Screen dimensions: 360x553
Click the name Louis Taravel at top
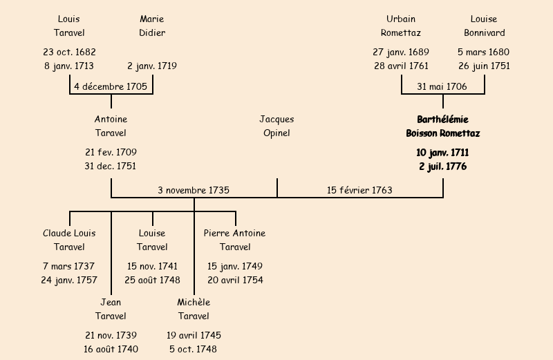pyautogui.click(x=69, y=26)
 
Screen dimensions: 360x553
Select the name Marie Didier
pyautogui.click(x=152, y=26)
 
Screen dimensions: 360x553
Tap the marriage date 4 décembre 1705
pyautogui.click(x=111, y=86)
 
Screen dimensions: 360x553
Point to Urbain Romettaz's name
pyautogui.click(x=401, y=26)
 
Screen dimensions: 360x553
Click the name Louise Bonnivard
pyautogui.click(x=484, y=26)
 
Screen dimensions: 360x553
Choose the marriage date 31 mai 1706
pyautogui.click(x=442, y=86)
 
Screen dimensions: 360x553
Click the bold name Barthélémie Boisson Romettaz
pyautogui.click(x=442, y=126)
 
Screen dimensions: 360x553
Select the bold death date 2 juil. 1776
pyautogui.click(x=442, y=167)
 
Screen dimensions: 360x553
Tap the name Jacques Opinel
pyautogui.click(x=276, y=126)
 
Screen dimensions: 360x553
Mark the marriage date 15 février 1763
pyautogui.click(x=359, y=189)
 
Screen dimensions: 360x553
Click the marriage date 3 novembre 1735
pyautogui.click(x=194, y=189)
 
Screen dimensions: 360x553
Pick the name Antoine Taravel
pyautogui.click(x=111, y=126)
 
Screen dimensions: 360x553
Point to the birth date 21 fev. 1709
pyautogui.click(x=111, y=152)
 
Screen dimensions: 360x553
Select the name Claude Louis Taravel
pyautogui.click(x=69, y=240)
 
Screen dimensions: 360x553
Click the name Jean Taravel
pyautogui.click(x=111, y=309)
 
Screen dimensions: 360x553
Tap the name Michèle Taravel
pyautogui.click(x=194, y=309)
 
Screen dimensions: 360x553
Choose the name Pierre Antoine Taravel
pyautogui.click(x=235, y=240)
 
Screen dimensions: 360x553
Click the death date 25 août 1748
pyautogui.click(x=152, y=280)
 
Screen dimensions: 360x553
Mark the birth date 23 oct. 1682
pyautogui.click(x=69, y=52)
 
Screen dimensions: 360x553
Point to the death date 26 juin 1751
pyautogui.click(x=484, y=66)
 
